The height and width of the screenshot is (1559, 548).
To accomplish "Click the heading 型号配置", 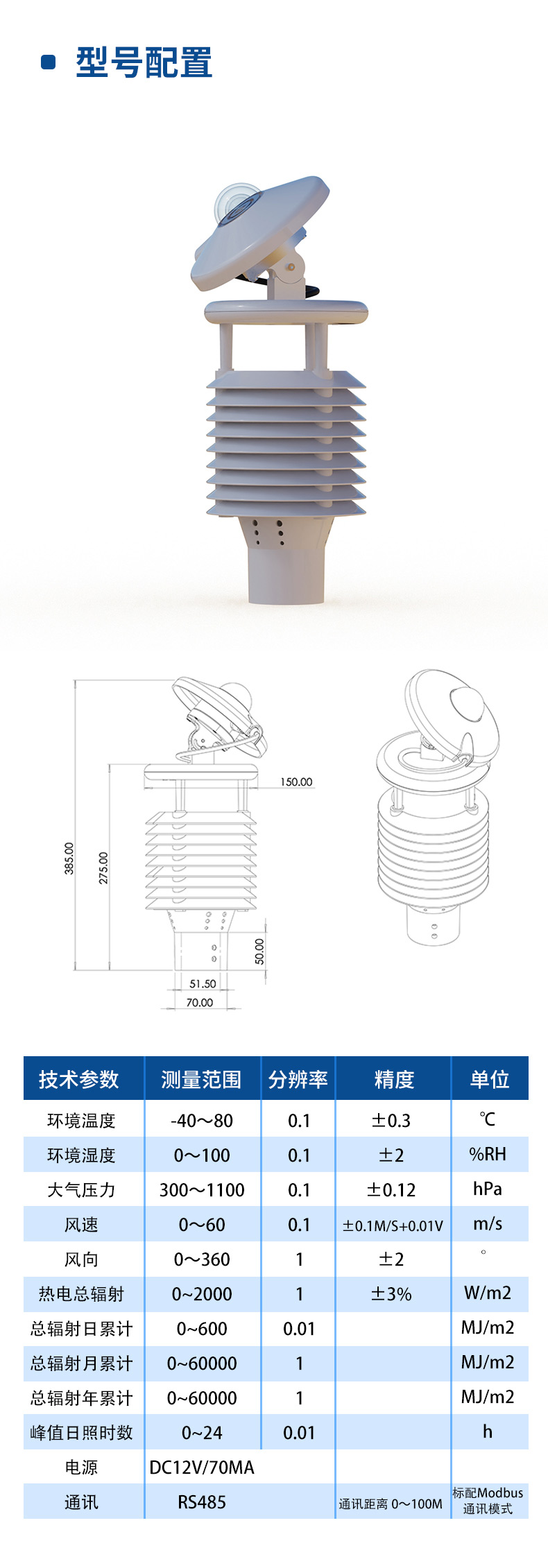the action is pyautogui.click(x=144, y=62).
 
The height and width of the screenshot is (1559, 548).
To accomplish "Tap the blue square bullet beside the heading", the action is pyautogui.click(x=49, y=62).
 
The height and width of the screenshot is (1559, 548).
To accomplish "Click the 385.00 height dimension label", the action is pyautogui.click(x=69, y=858).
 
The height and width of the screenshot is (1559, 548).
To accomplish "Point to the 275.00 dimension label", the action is pyautogui.click(x=103, y=868).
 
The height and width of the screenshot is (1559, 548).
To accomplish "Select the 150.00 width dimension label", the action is pyautogui.click(x=296, y=782).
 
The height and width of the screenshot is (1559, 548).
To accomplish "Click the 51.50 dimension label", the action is pyautogui.click(x=203, y=983).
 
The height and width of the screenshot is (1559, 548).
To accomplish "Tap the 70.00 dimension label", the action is pyautogui.click(x=200, y=1002).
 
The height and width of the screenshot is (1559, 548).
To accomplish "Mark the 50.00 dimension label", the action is pyautogui.click(x=259, y=951).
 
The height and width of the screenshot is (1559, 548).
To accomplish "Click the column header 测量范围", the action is pyautogui.click(x=201, y=1079).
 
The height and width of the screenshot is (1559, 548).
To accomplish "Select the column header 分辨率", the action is pyautogui.click(x=298, y=1079).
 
